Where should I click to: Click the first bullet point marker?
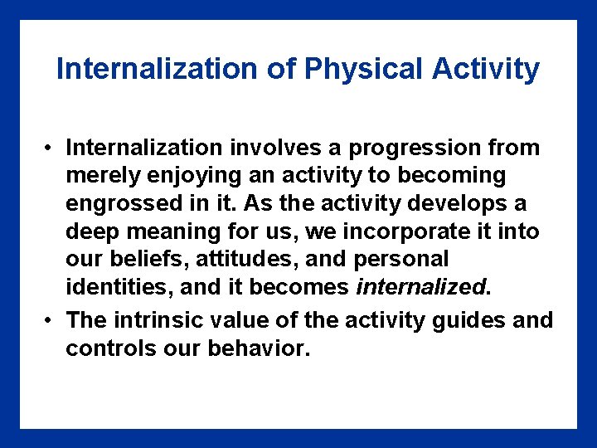pos(51,149)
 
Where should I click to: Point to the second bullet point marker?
pos(51,320)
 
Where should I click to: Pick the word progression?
pos(417,149)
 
